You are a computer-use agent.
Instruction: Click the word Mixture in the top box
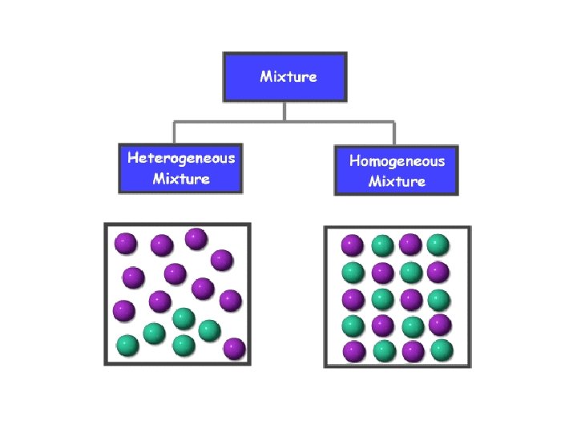tap(288, 77)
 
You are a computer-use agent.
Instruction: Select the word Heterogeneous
tap(181, 157)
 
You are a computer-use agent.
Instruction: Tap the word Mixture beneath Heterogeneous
tap(181, 178)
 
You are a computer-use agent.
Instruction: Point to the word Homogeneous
tap(397, 160)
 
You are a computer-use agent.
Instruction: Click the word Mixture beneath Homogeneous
tap(397, 181)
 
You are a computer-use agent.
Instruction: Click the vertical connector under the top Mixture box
tap(284, 111)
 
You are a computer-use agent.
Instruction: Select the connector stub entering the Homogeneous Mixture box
tap(394, 134)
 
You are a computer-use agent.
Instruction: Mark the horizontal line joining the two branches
tap(284, 122)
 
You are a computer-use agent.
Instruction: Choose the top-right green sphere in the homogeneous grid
tap(438, 245)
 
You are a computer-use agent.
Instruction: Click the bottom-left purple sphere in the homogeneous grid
tap(353, 351)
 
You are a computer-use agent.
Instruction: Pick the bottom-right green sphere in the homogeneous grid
tap(441, 350)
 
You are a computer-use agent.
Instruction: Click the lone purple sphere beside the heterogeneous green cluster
tap(234, 349)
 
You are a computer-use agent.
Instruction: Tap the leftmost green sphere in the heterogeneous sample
tap(127, 346)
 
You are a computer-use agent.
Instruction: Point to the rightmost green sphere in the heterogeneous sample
tap(209, 330)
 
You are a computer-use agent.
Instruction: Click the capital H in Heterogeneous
tap(134, 157)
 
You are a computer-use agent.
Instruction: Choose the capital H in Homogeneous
tap(354, 160)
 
